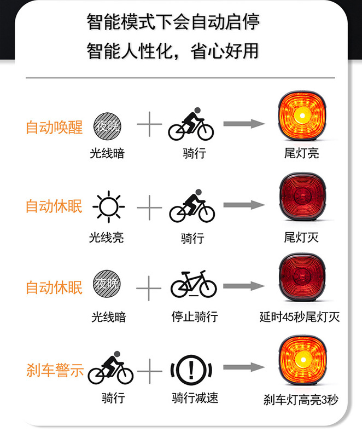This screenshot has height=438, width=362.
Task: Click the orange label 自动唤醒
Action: [54, 127]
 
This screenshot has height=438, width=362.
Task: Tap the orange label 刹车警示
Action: [55, 370]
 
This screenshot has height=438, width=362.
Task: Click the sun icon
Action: [108, 206]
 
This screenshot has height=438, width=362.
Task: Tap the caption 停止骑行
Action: [194, 316]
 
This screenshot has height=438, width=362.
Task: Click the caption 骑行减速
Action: [195, 397]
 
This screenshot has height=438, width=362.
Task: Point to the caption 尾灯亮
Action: [301, 153]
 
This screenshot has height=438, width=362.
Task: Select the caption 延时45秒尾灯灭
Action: [299, 317]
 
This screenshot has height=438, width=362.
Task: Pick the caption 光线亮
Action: [107, 238]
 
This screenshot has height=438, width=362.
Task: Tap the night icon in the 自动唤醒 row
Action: [107, 125]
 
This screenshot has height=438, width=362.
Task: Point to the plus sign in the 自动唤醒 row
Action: [149, 125]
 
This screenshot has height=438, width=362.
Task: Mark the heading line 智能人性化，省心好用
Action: [173, 51]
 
